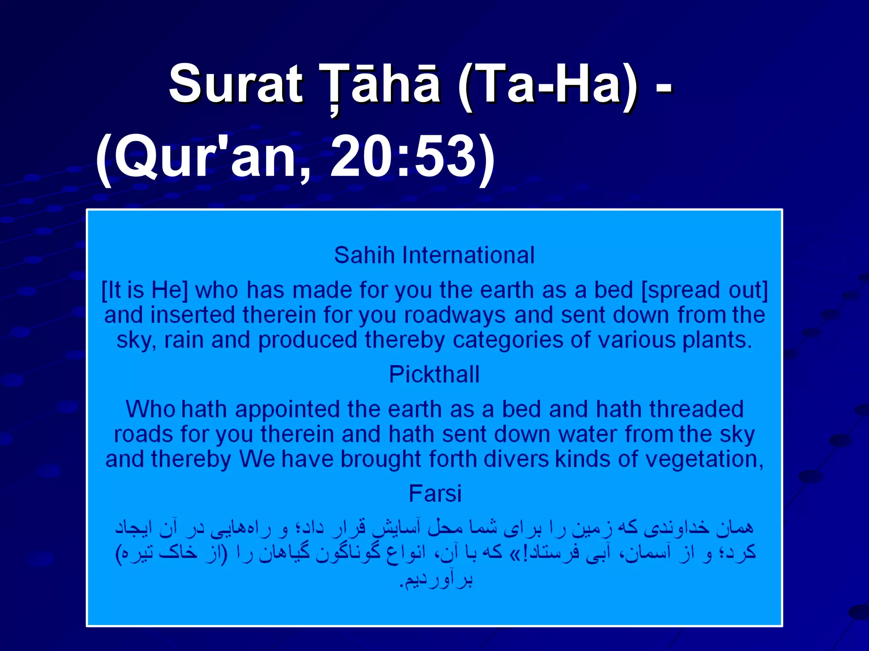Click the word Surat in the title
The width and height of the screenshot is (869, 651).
tap(236, 83)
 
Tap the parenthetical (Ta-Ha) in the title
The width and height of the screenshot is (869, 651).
tap(547, 83)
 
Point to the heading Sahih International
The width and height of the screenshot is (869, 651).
tap(434, 256)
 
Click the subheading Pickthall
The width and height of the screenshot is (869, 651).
tap(434, 375)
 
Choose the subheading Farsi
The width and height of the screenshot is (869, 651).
tap(435, 494)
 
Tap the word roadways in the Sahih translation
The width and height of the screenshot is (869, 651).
tap(454, 315)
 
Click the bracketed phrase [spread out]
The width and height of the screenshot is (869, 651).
tap(704, 291)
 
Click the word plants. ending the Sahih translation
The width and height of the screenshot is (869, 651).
tap(717, 340)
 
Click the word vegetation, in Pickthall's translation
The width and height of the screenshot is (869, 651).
tap(705, 459)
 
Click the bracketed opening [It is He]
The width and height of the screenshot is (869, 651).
tap(145, 291)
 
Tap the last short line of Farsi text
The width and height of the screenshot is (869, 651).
tap(436, 580)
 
